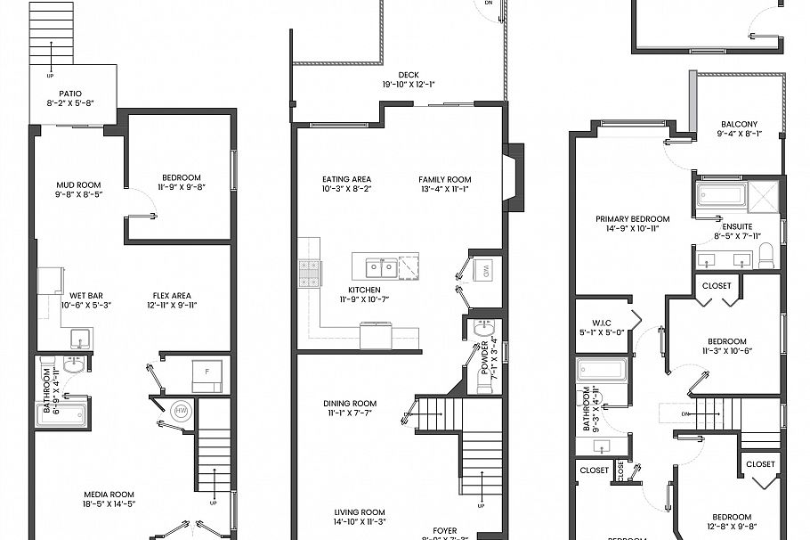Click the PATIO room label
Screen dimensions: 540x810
coord(70,94)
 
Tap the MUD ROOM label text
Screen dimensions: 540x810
coord(78,185)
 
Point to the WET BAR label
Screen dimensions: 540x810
coord(84,296)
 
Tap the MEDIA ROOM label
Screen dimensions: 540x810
coord(109,495)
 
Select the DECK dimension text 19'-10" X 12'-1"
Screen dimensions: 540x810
coord(409,86)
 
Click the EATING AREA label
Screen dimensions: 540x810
coord(346,179)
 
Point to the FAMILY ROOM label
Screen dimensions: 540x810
coord(445,179)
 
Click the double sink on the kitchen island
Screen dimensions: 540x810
coord(378,266)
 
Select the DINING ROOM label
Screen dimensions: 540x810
coord(349,404)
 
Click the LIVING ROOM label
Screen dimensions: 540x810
coord(360,512)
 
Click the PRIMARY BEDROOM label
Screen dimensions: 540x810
coord(632,218)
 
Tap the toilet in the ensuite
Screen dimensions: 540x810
coord(766,259)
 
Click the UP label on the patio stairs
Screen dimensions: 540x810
coord(50,75)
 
